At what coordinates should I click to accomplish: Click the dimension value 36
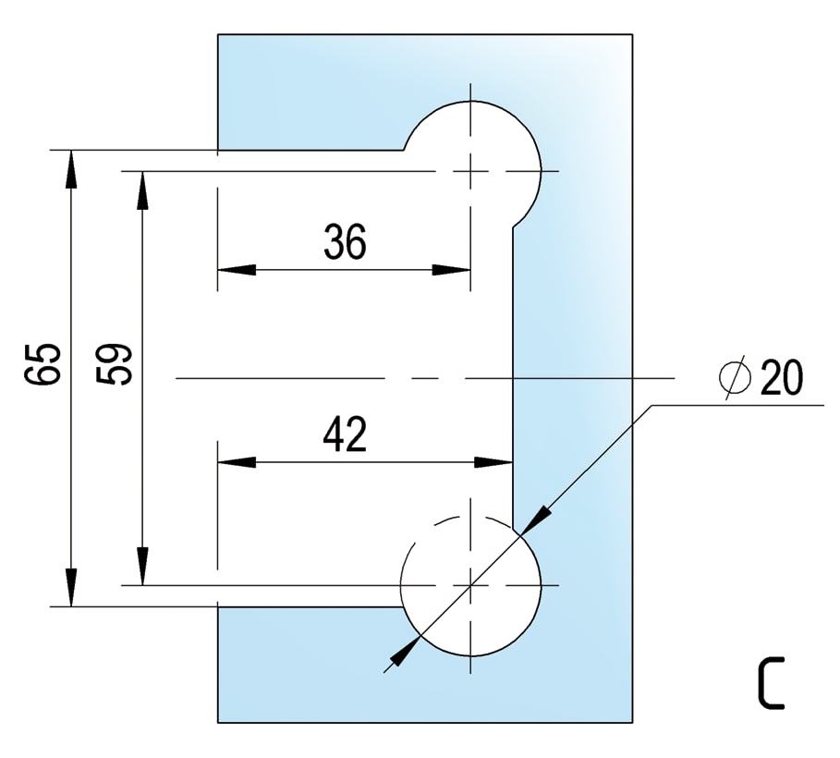(345, 242)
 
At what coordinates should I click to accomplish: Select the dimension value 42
(345, 434)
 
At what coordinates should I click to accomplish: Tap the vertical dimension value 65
(43, 364)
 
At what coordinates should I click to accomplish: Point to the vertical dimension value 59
(114, 364)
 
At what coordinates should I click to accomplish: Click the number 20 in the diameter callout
(782, 377)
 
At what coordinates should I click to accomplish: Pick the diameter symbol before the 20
(734, 377)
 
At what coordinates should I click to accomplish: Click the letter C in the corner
(771, 682)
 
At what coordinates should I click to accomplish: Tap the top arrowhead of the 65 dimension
(71, 169)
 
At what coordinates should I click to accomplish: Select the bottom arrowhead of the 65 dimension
(71, 588)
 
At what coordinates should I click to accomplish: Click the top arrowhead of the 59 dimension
(142, 190)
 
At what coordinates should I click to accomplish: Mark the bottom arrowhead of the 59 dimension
(142, 566)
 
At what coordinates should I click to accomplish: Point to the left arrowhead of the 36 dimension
(237, 270)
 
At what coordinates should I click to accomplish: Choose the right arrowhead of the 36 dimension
(451, 270)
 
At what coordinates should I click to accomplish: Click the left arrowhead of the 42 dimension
(237, 462)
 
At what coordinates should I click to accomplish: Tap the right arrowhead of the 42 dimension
(494, 462)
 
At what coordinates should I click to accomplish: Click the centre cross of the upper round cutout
(470, 172)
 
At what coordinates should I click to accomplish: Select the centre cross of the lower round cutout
(470, 585)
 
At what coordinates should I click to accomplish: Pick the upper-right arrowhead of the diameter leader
(536, 520)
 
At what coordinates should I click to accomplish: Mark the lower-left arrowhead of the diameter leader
(406, 650)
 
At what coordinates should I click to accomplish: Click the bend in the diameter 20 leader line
(651, 405)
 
